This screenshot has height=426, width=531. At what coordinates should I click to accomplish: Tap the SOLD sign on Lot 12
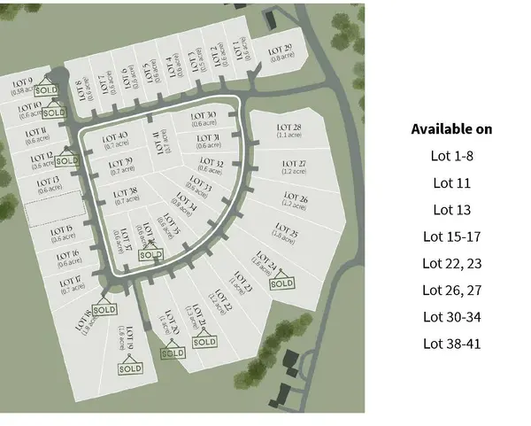(x=66, y=161)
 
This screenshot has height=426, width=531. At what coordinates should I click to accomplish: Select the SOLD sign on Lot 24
(x=281, y=283)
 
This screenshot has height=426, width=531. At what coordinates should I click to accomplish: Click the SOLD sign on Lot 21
(x=204, y=341)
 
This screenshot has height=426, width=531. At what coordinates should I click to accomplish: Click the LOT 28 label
(x=290, y=128)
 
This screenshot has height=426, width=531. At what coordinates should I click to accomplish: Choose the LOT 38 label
(x=126, y=192)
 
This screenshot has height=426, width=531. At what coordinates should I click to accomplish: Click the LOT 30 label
(x=204, y=116)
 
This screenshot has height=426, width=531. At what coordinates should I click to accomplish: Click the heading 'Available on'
(x=451, y=129)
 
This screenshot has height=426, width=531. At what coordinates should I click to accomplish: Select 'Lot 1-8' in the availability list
(x=451, y=157)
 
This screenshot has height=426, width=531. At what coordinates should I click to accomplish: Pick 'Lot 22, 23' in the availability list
(x=451, y=263)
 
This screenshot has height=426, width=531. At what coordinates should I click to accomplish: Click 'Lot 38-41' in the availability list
(x=451, y=343)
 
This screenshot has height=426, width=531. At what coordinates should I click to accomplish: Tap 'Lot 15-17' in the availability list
(x=451, y=236)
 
